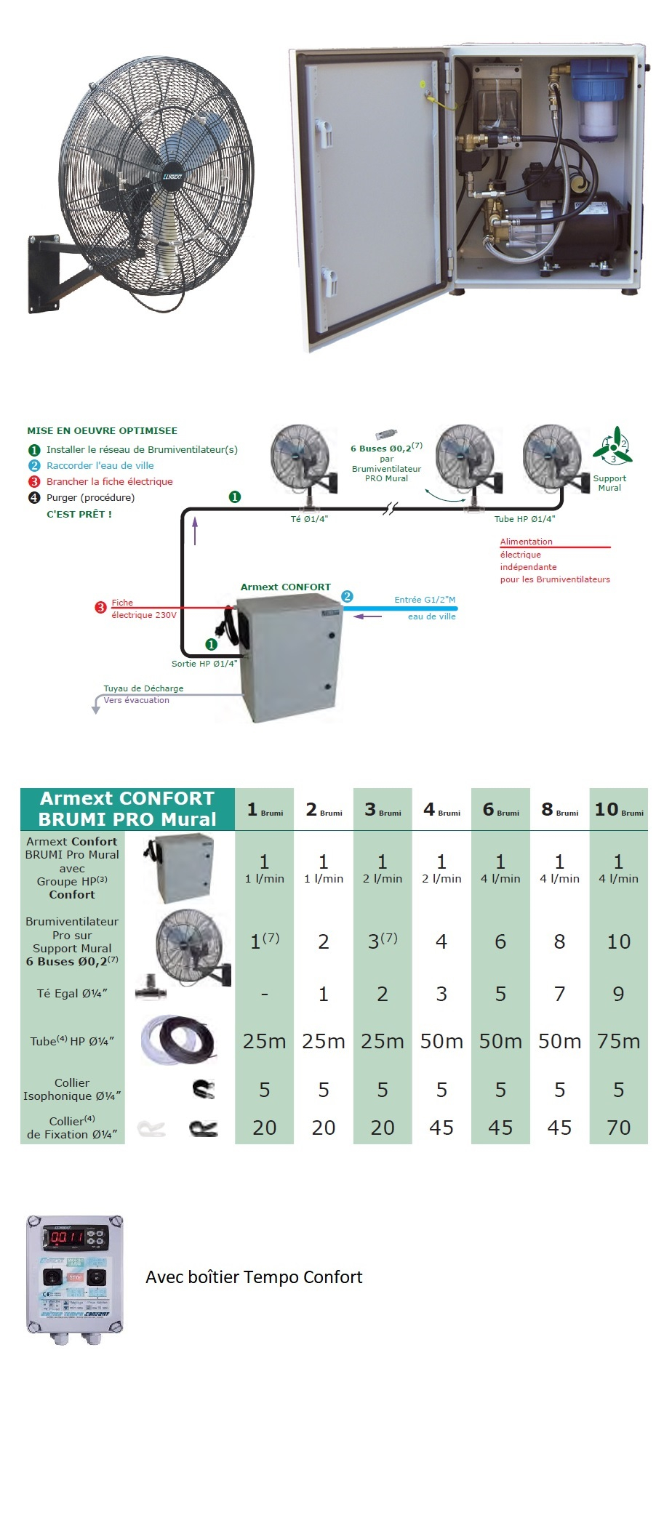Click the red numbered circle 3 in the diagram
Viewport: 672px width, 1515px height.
pyautogui.click(x=101, y=608)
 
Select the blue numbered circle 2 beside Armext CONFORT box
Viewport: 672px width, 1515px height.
pyautogui.click(x=347, y=597)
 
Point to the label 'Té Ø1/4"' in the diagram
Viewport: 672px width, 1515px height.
pyautogui.click(x=309, y=519)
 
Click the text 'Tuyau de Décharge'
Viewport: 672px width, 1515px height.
pyautogui.click(x=143, y=688)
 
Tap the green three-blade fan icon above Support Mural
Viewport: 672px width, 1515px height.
pyautogui.click(x=612, y=446)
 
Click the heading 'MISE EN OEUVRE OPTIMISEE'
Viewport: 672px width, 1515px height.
pyautogui.click(x=103, y=431)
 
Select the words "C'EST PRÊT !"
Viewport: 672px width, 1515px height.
pyautogui.click(x=79, y=514)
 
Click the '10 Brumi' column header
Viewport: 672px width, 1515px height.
pyautogui.click(x=618, y=810)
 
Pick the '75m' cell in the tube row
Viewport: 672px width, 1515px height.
pyautogui.click(x=618, y=1042)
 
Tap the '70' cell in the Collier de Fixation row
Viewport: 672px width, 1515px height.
pyautogui.click(x=618, y=1128)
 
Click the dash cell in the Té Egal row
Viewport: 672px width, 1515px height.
pyautogui.click(x=264, y=994)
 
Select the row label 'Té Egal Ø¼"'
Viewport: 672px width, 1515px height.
pyautogui.click(x=72, y=994)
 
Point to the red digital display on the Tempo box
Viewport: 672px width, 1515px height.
pyautogui.click(x=67, y=1237)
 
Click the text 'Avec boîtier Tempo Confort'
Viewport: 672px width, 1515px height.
pyautogui.click(x=254, y=1277)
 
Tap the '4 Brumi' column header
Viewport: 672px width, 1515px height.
pyautogui.click(x=441, y=810)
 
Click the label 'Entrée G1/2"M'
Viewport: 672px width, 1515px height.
pyautogui.click(x=425, y=600)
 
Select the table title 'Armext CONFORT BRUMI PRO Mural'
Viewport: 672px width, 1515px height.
pyautogui.click(x=127, y=809)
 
